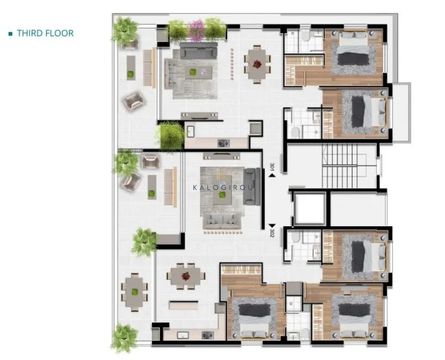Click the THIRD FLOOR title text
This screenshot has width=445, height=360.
click(45, 33)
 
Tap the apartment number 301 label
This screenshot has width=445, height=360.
click(272, 167)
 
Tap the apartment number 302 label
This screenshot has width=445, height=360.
click(272, 233)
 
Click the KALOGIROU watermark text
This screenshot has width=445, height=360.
click(222, 187)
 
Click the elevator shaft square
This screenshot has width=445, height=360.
click(309, 209)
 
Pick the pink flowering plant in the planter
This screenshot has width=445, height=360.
click(196, 30)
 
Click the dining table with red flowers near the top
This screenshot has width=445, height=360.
click(257, 64)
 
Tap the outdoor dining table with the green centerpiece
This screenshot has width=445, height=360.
click(134, 292)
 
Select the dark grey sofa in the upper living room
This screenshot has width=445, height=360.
click(199, 50)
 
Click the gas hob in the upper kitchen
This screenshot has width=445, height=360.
click(223, 143)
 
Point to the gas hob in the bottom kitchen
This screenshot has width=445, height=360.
click(207, 335)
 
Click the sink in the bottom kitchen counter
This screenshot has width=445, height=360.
click(183, 335)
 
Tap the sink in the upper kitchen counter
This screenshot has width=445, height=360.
click(191, 132)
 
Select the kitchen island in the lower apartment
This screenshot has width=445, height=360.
click(184, 305)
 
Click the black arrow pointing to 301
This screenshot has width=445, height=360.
click(272, 176)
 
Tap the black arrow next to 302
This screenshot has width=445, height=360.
click(272, 226)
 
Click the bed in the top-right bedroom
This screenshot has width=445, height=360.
click(353, 48)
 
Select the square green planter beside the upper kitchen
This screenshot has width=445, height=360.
click(171, 136)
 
